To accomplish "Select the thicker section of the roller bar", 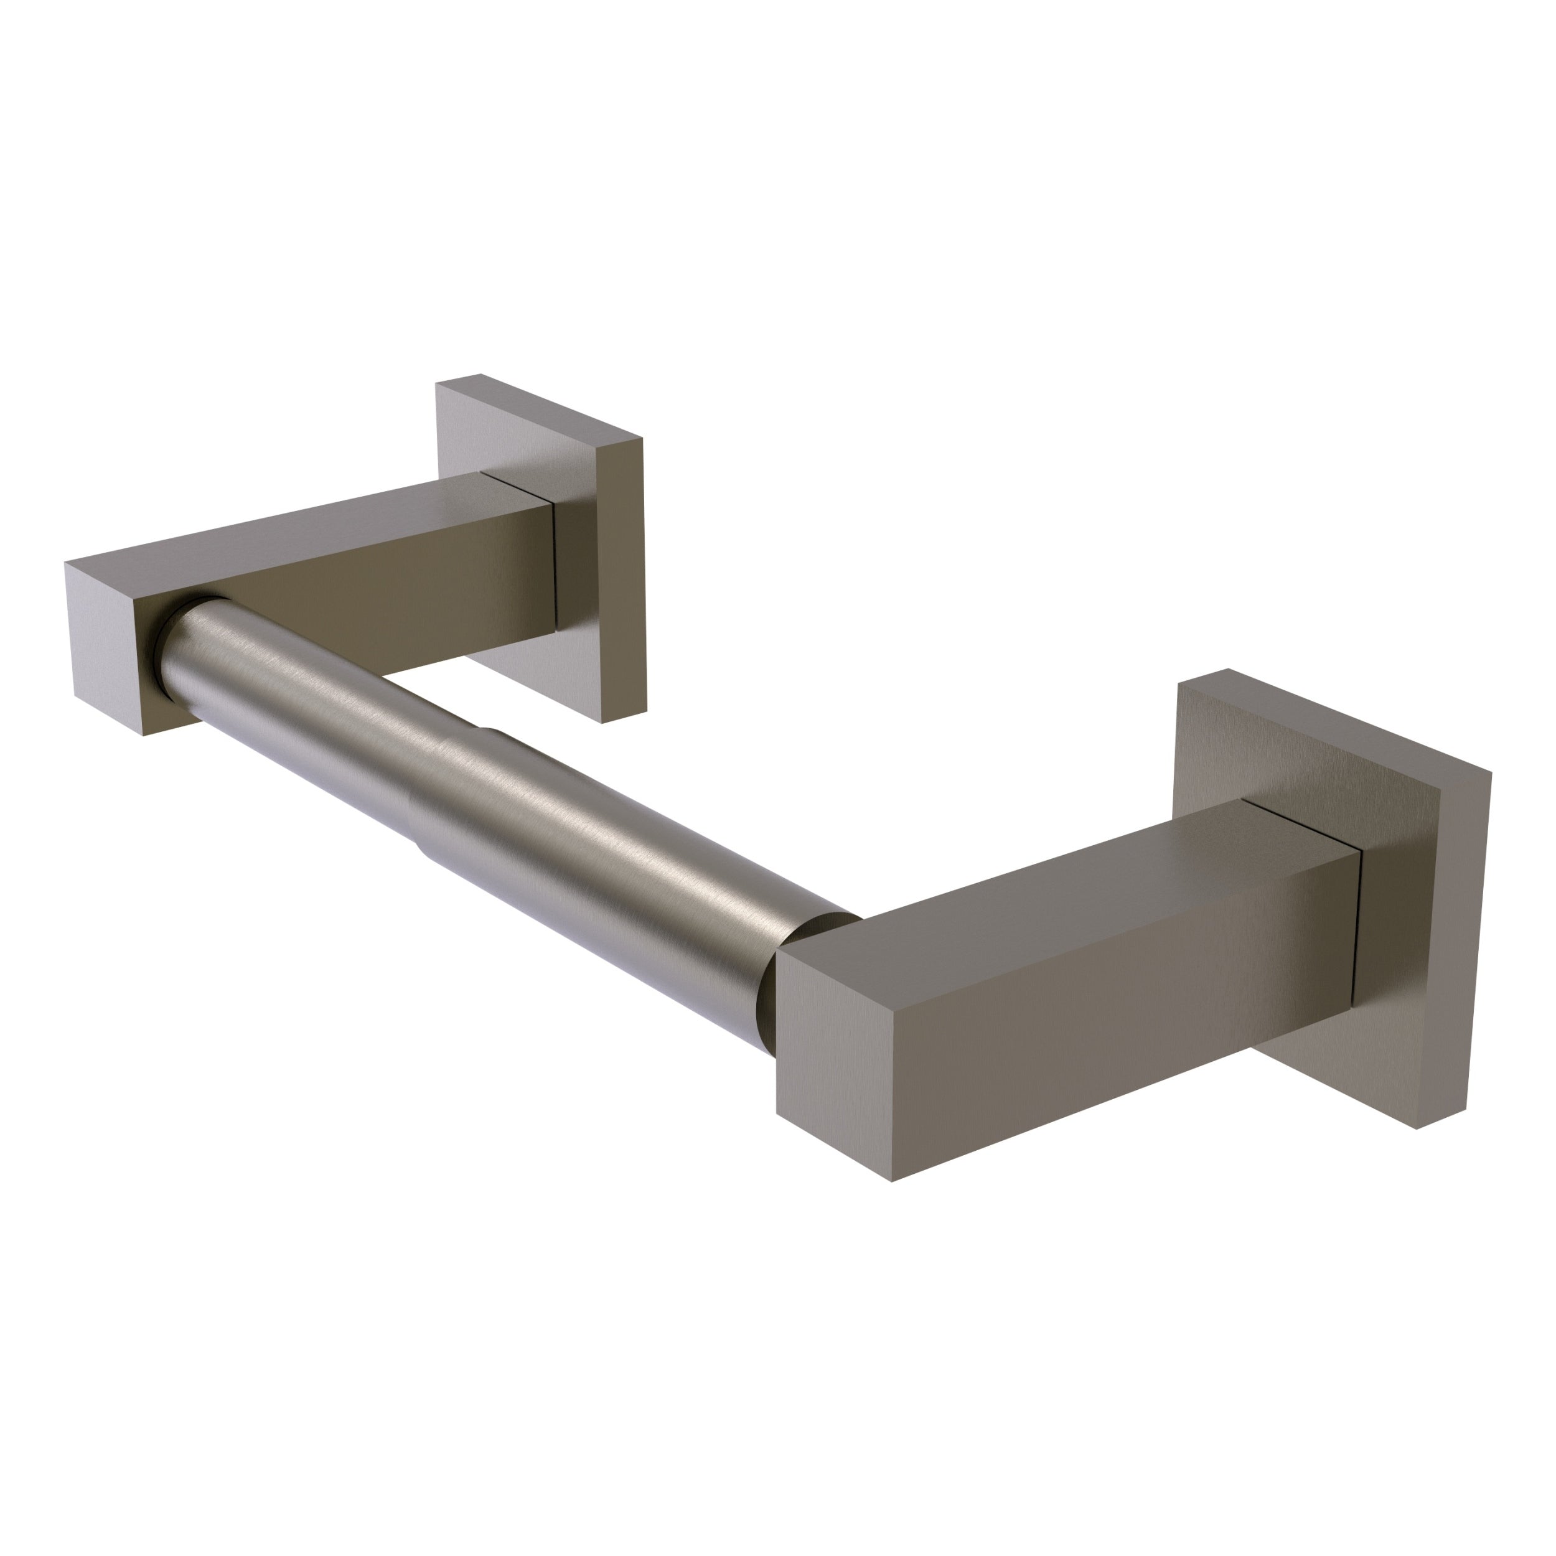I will tap(644, 870).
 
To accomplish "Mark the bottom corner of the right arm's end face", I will tap(891, 1181).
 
